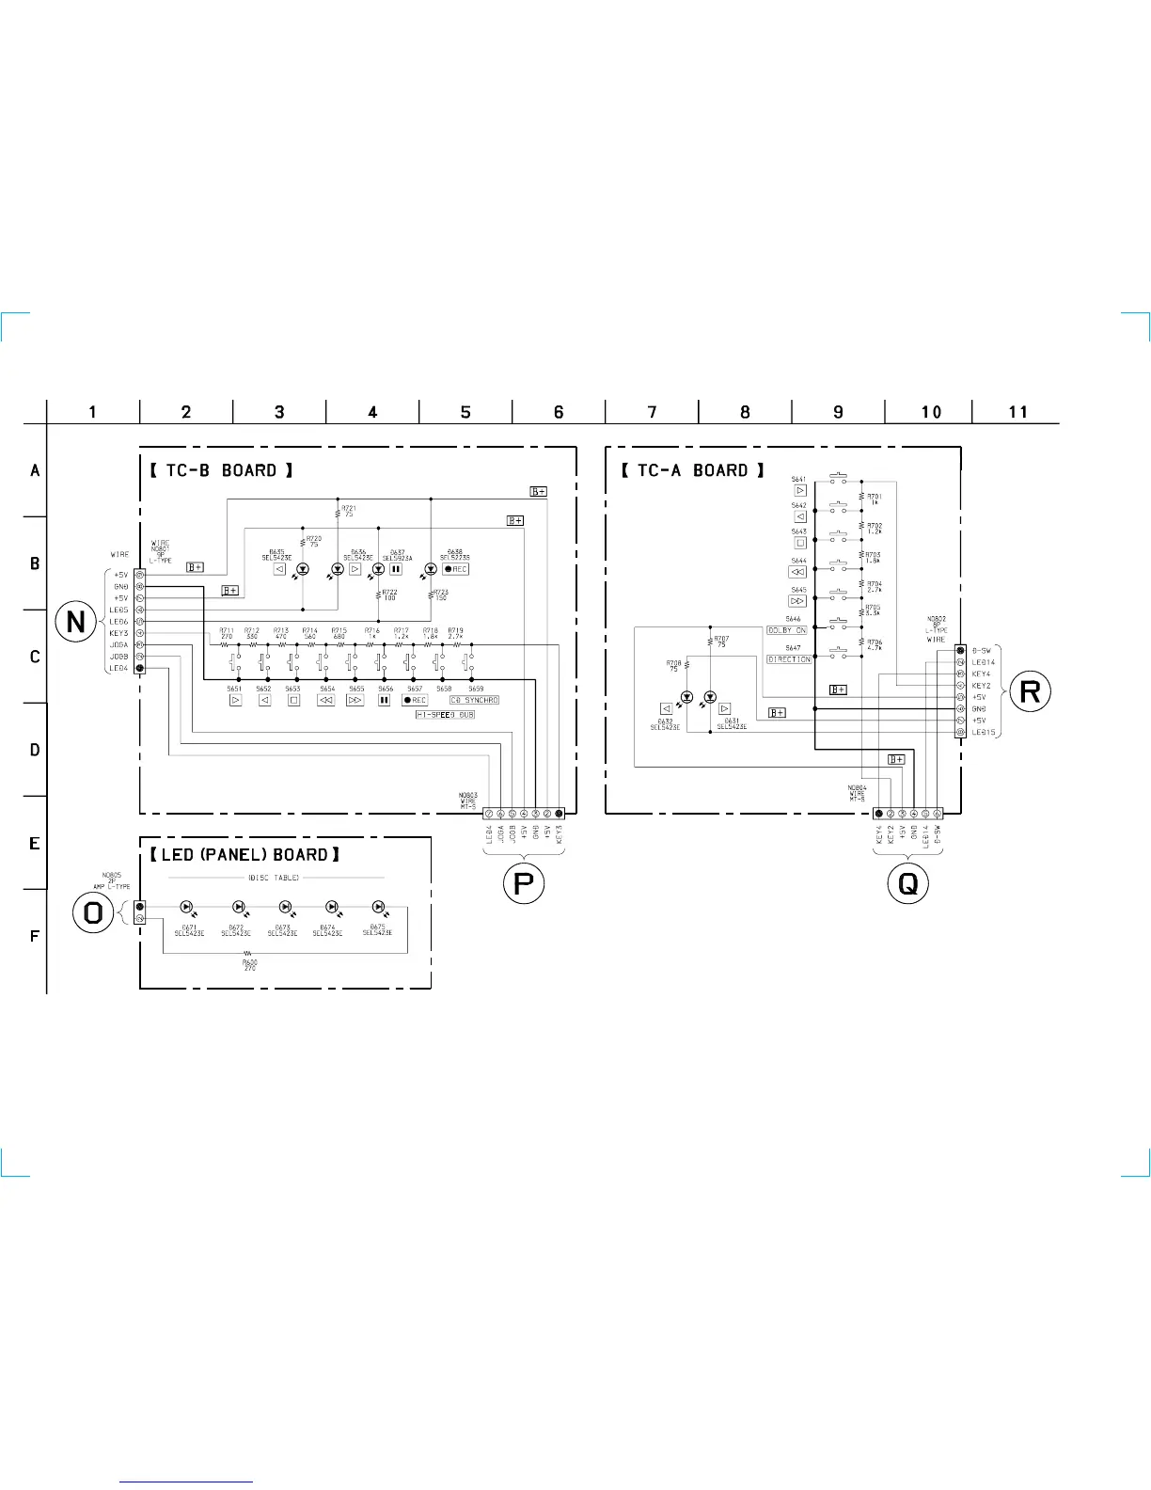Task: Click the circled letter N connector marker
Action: point(76,622)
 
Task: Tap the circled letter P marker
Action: point(523,884)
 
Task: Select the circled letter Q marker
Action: point(908,884)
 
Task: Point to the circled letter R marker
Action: point(1030,692)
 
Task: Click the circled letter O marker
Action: point(94,912)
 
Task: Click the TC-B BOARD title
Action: point(222,470)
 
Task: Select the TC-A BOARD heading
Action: point(693,470)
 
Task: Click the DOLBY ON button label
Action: point(787,630)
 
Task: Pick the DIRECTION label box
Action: point(789,659)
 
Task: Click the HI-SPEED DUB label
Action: point(445,715)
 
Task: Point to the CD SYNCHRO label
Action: point(474,700)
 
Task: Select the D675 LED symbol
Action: point(378,908)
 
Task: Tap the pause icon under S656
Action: point(384,700)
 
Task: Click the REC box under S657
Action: point(415,700)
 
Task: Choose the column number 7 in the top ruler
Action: point(652,412)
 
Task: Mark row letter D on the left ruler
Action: point(35,750)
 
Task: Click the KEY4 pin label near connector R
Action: point(981,674)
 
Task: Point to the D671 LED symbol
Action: point(186,908)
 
